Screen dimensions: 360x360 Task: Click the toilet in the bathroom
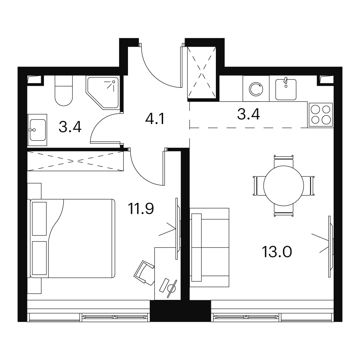(x=64, y=91)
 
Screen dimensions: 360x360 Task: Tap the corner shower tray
(x=102, y=92)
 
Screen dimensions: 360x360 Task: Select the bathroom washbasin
(x=37, y=130)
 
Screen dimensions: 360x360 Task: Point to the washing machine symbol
(x=256, y=89)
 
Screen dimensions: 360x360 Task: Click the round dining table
(x=284, y=186)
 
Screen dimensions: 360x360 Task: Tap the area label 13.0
(x=277, y=252)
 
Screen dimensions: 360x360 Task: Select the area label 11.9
(x=141, y=208)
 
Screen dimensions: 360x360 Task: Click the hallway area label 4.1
(x=155, y=119)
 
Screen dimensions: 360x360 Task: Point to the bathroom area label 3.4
(x=70, y=127)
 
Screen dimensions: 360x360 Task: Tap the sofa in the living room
(x=210, y=247)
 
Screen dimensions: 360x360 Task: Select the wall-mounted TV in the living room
(x=330, y=246)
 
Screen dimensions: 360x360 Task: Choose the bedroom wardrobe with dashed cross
(x=75, y=161)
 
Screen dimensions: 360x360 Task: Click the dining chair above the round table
(x=284, y=161)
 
